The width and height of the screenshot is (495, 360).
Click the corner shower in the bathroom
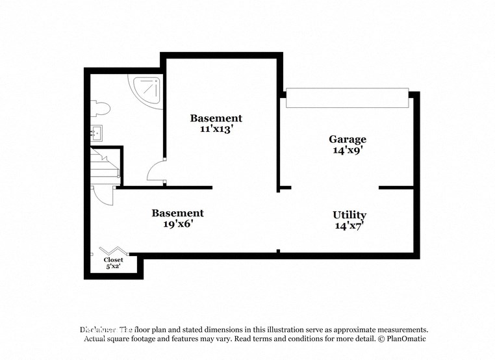[147, 90]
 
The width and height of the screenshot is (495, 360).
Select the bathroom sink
[95, 133]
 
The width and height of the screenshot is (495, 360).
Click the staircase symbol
[104, 166]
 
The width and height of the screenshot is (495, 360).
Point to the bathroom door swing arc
[156, 171]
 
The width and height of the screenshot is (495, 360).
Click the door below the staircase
[103, 195]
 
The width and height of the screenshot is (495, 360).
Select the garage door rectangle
[347, 98]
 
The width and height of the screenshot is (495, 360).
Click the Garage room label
[347, 139]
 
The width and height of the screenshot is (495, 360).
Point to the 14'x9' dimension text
[347, 150]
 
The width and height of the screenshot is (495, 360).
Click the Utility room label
[349, 215]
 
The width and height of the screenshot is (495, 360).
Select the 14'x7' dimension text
[349, 226]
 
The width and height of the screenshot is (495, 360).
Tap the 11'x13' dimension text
[216, 129]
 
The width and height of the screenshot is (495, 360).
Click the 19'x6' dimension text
[177, 224]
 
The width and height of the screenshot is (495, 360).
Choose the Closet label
[113, 260]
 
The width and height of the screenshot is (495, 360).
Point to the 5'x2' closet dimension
[113, 266]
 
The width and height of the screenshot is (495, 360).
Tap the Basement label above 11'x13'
[216, 118]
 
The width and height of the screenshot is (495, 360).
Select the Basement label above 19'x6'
[177, 213]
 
